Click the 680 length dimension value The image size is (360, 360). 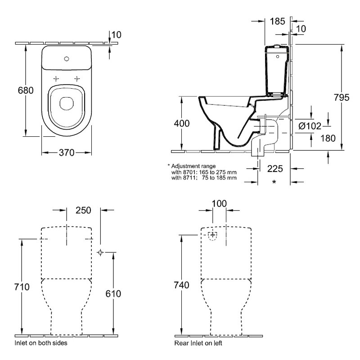point(26,90)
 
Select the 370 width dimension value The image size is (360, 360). point(67,153)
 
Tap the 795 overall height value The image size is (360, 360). point(342,98)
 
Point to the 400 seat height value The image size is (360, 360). point(182,123)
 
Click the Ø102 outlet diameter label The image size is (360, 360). point(310,126)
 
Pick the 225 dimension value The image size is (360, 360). point(275,169)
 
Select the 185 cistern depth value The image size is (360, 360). point(277,21)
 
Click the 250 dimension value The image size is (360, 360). point(83,210)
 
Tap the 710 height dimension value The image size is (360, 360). point(22,287)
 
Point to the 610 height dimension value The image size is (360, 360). point(113,294)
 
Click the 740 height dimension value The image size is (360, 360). point(181,285)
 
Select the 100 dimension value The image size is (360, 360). point(219,204)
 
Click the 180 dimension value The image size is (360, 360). point(328,139)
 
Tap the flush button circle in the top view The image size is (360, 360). point(67,59)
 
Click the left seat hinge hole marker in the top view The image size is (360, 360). point(56,79)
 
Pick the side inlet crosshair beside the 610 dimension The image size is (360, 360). point(100,252)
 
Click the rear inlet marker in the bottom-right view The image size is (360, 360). point(213,235)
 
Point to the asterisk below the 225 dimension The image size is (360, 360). point(274,182)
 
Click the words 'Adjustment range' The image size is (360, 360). point(193,166)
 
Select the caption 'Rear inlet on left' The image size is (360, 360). point(198,343)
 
